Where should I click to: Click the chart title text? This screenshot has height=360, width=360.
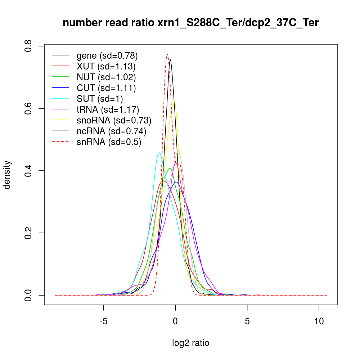coord(190,23)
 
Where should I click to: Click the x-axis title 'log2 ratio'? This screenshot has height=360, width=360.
coord(190,343)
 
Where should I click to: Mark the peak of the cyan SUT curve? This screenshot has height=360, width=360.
coord(159,153)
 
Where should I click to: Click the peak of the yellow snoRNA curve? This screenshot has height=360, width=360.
coord(174,101)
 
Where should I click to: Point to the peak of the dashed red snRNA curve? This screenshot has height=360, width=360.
coord(167,54)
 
